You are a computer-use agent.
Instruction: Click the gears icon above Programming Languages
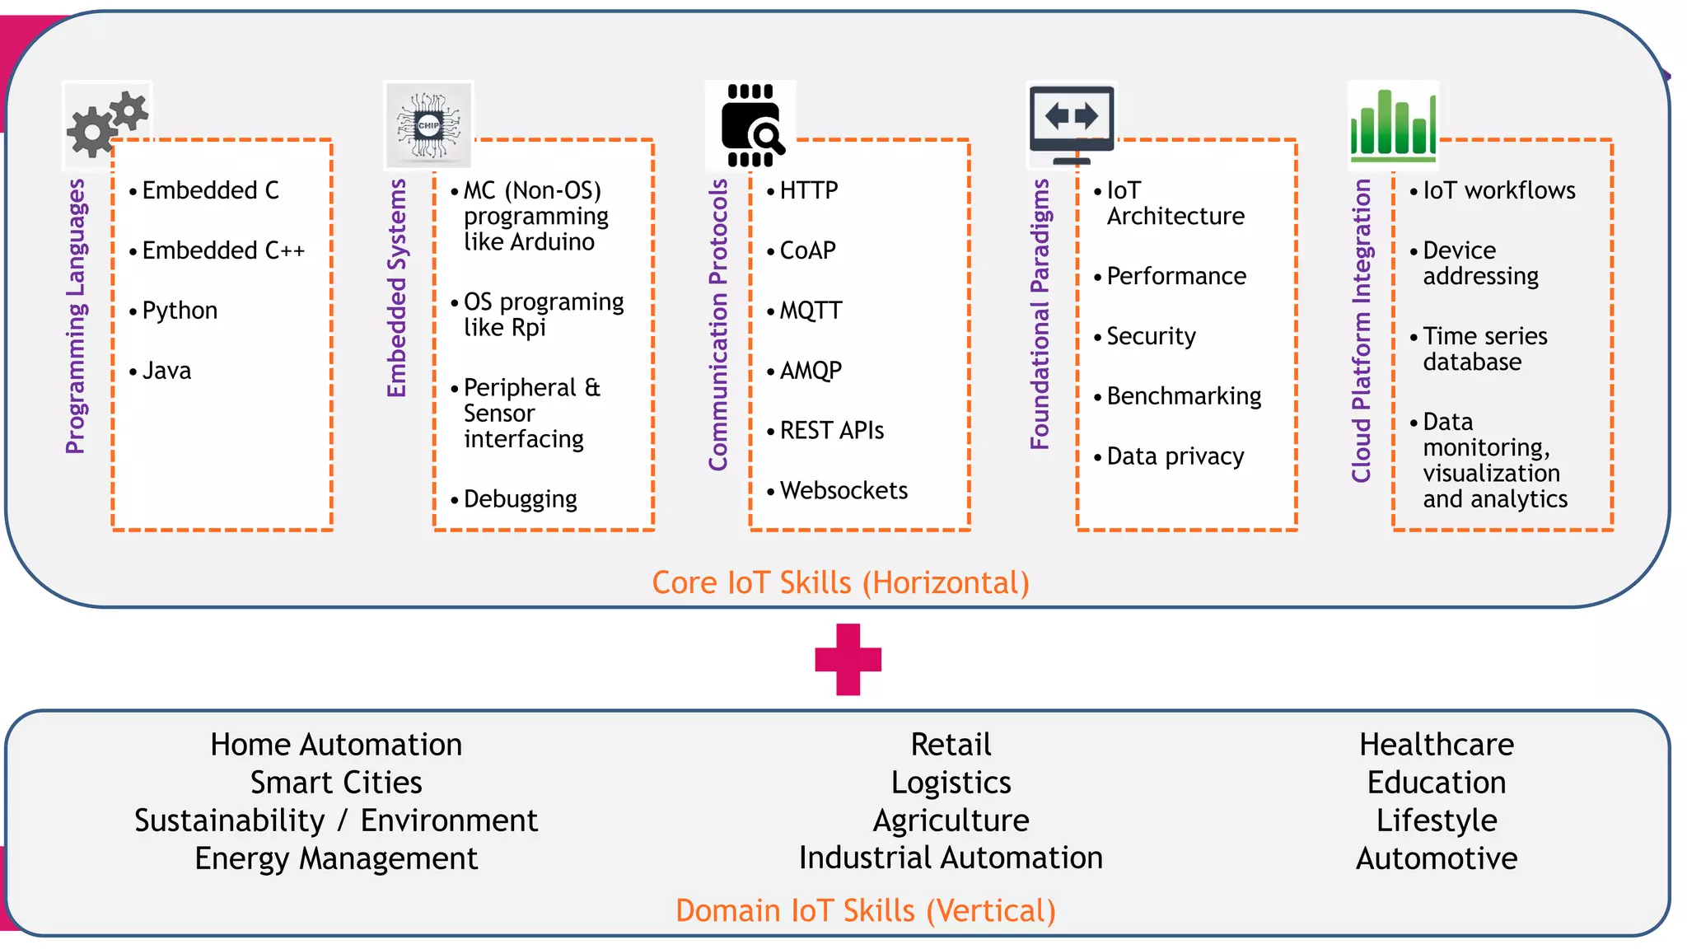[x=107, y=124]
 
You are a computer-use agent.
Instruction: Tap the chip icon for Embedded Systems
[x=428, y=125]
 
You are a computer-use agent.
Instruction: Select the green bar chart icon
[x=1393, y=124]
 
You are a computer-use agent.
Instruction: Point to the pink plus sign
[x=848, y=659]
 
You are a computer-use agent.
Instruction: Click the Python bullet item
[x=179, y=311]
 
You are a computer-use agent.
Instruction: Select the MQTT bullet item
[x=811, y=311]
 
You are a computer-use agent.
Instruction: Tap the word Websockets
[x=843, y=490]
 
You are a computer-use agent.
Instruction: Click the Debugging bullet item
[x=520, y=498]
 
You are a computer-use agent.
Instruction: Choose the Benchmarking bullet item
[x=1183, y=396]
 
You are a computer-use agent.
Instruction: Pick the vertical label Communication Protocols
[x=718, y=325]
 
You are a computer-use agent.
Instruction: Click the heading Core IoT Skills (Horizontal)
[x=840, y=582]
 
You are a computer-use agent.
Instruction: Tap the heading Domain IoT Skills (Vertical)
[x=865, y=910]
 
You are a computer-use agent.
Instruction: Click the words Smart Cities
[x=336, y=782]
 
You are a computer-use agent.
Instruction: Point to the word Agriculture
[x=951, y=820]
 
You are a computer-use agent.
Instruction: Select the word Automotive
[x=1436, y=858]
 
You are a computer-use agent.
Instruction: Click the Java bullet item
[x=166, y=371]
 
